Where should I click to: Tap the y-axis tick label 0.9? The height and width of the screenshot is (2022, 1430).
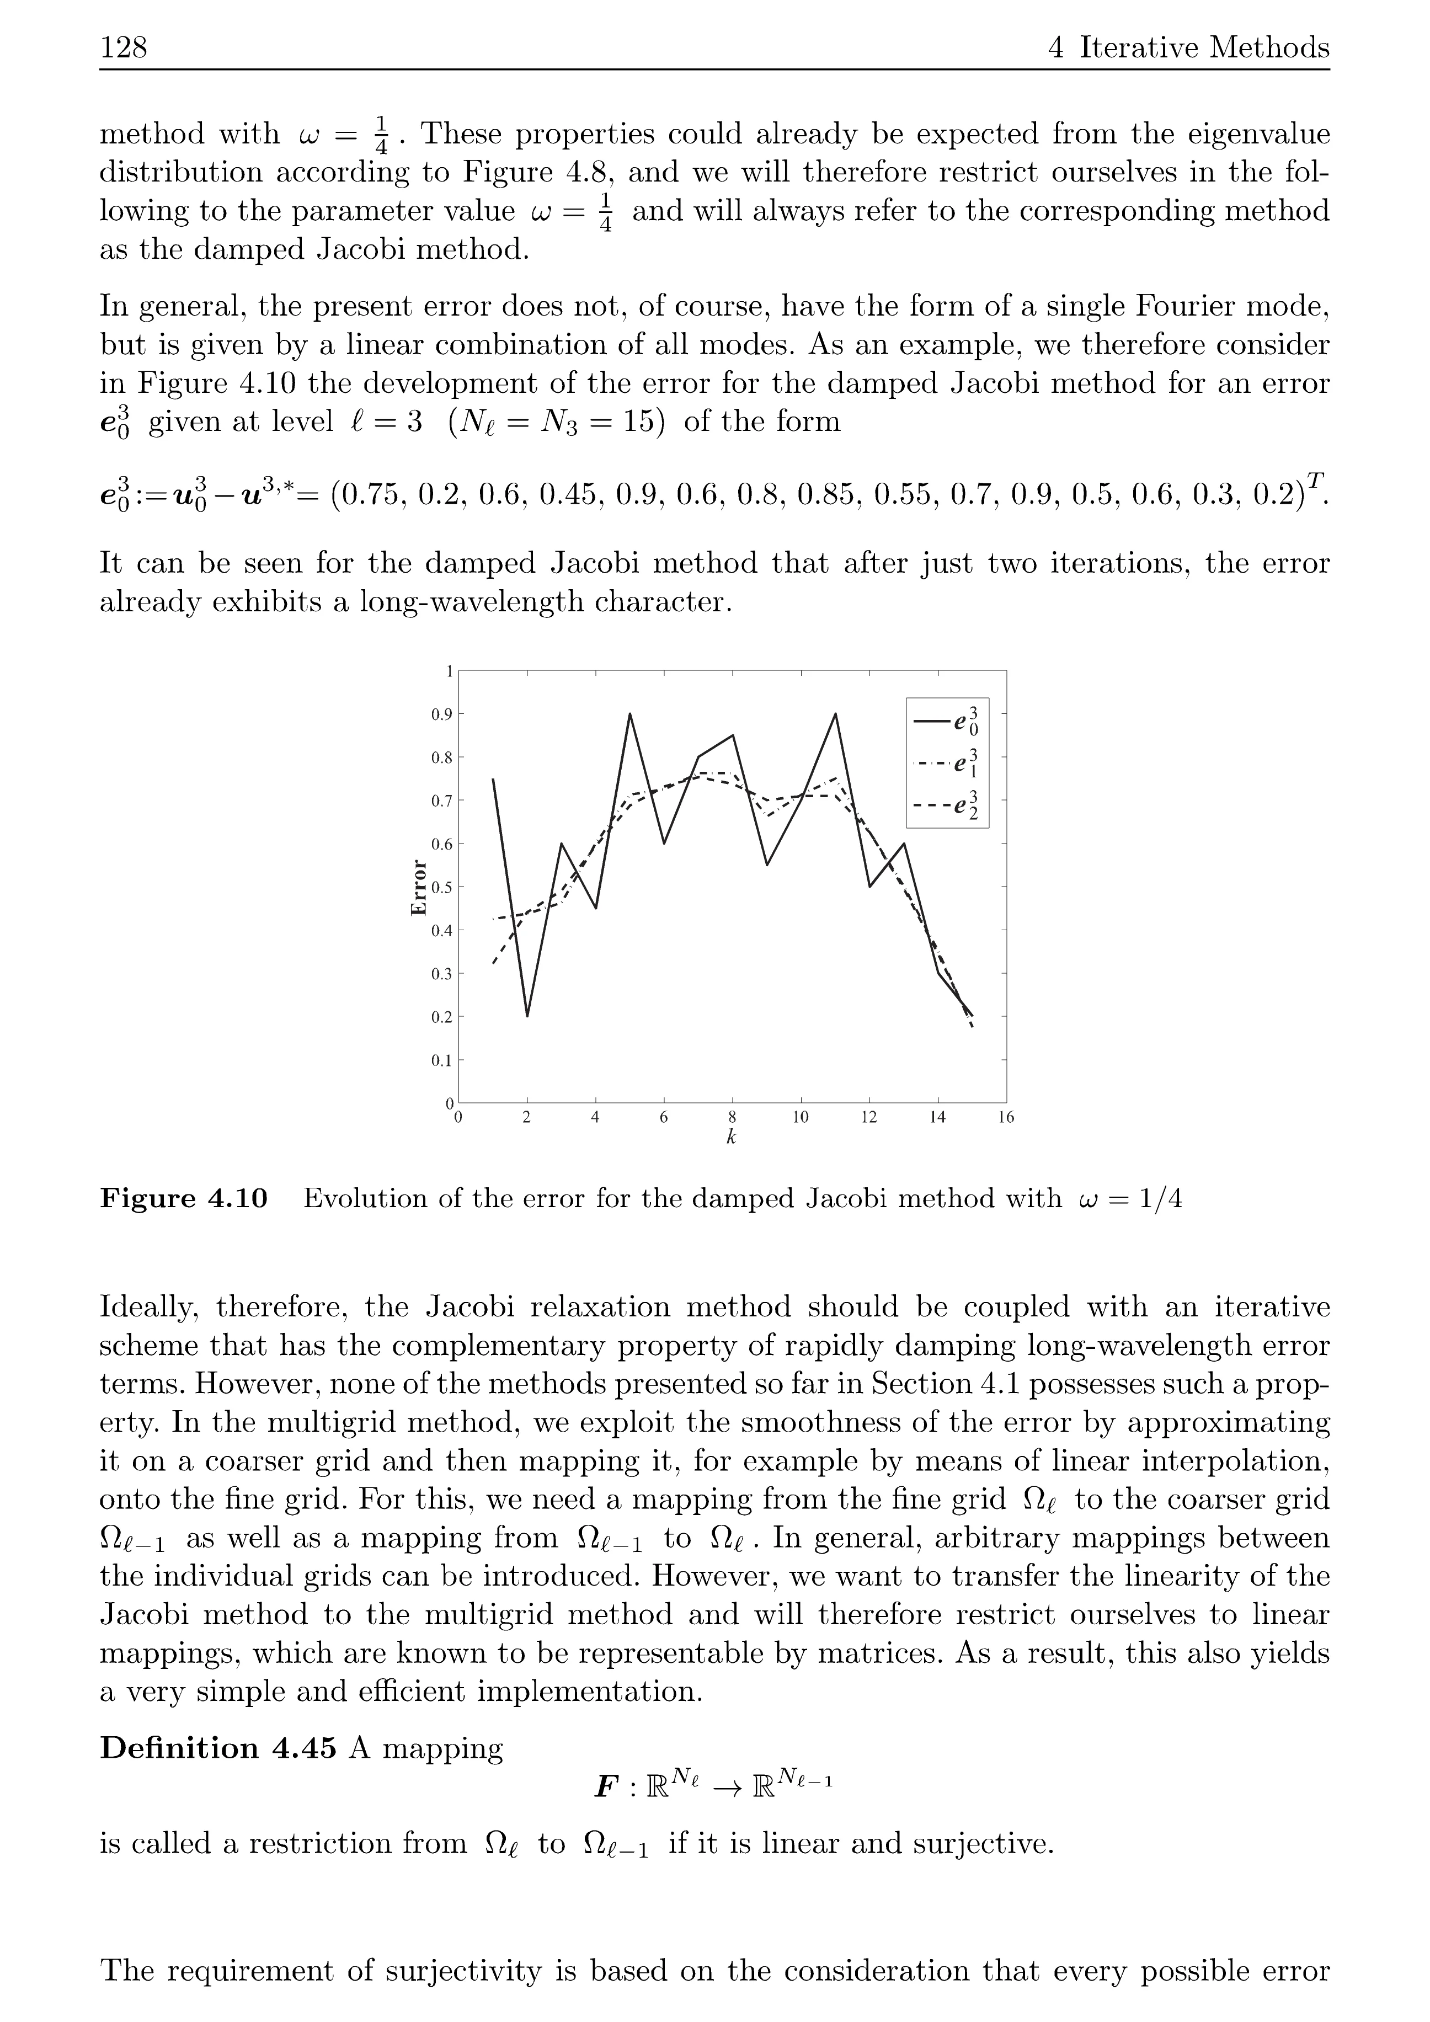(441, 714)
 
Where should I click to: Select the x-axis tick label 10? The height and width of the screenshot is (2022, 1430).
(801, 1118)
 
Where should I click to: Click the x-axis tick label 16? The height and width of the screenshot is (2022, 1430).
(1006, 1118)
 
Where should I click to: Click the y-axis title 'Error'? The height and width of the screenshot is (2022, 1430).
(419, 887)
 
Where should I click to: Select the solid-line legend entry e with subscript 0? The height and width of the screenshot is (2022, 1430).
(947, 721)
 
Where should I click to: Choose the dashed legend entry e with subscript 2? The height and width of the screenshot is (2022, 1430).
(947, 806)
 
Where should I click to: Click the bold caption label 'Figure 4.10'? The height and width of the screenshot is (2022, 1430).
(183, 1199)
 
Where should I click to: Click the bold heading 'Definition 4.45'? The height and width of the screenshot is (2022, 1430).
(217, 1748)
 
